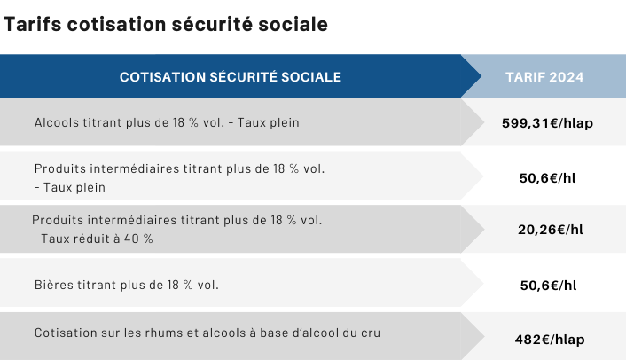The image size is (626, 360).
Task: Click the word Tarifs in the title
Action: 32,24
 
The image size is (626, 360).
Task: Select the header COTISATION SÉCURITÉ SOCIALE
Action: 231,76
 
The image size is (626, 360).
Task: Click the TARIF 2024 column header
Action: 544,76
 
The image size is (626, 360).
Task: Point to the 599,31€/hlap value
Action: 547,123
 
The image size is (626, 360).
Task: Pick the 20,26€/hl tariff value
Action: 551,230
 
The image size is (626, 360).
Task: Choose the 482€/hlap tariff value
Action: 550,340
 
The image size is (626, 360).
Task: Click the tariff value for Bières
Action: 548,285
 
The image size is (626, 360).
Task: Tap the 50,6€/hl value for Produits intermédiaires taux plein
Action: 547,177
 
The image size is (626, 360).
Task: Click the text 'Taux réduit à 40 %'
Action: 97,239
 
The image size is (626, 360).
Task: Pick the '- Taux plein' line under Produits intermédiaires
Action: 70,187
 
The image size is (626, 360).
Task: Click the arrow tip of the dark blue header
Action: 481,76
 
